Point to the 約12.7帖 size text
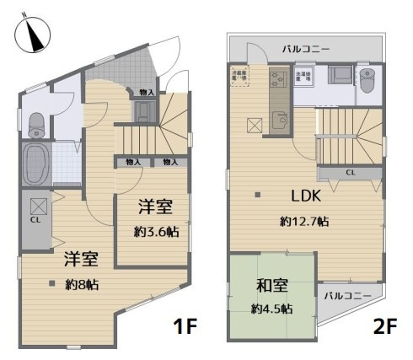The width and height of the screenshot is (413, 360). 304,222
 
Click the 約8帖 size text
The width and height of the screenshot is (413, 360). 82,285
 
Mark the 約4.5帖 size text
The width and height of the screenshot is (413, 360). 271,309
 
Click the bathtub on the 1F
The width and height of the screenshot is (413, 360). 37,164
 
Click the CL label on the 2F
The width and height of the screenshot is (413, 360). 349,173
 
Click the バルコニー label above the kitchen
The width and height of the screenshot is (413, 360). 306,50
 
